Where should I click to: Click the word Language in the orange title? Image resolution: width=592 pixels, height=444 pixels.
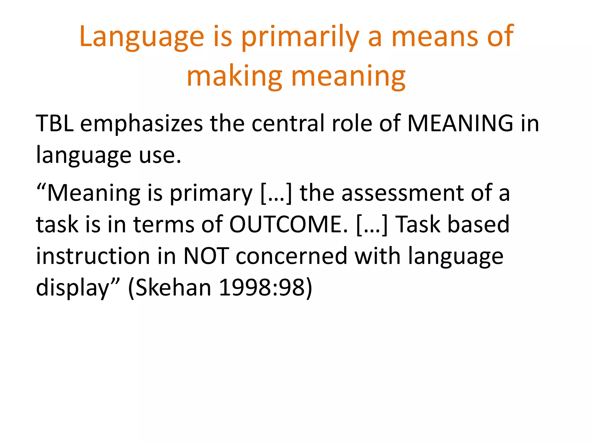point(142,37)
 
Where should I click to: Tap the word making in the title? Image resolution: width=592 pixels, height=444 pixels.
point(234,76)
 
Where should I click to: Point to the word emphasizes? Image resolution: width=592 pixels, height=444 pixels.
point(141,123)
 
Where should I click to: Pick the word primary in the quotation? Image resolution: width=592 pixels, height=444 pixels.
point(211,193)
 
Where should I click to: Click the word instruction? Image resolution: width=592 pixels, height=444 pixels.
point(93,256)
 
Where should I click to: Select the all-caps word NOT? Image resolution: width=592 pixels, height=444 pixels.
point(206,256)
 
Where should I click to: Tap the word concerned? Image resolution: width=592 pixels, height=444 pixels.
point(291,256)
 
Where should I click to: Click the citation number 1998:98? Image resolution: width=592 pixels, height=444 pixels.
point(262,288)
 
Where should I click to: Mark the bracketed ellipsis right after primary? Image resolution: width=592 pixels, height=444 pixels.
point(276,193)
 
